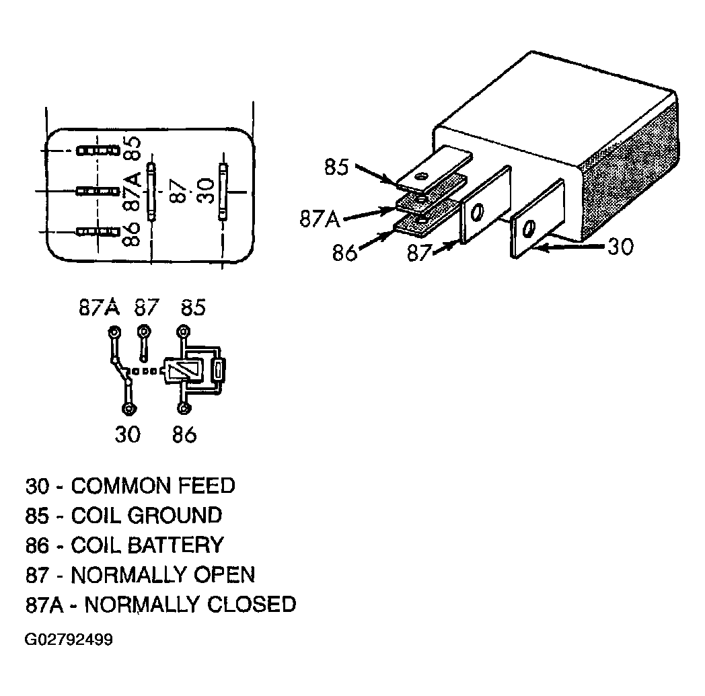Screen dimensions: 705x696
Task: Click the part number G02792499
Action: click(x=69, y=639)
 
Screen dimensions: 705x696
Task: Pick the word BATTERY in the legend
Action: click(x=176, y=545)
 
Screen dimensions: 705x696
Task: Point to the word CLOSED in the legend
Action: click(x=252, y=605)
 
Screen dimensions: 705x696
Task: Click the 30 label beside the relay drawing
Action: click(x=620, y=247)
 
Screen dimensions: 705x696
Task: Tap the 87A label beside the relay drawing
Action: click(x=320, y=219)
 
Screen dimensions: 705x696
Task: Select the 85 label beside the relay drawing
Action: click(x=336, y=167)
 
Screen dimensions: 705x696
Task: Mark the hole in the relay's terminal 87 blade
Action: click(x=476, y=212)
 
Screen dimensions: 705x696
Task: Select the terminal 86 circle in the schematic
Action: click(x=184, y=408)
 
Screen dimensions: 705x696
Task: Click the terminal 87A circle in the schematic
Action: click(x=114, y=333)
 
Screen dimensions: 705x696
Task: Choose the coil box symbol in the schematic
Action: click(x=182, y=371)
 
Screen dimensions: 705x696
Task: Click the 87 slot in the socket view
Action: click(x=151, y=192)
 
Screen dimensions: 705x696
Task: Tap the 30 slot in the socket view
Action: click(x=223, y=192)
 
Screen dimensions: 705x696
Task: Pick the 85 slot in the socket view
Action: click(x=98, y=150)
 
